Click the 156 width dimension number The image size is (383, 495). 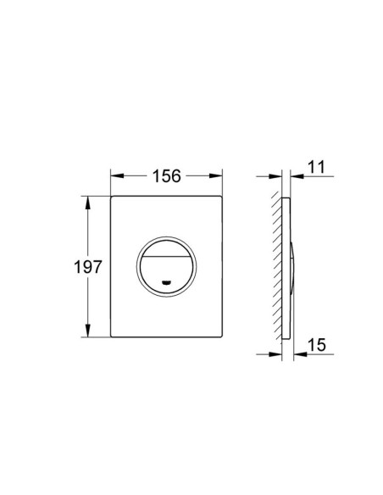pyautogui.click(x=167, y=176)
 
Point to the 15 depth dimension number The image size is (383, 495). pyautogui.click(x=317, y=346)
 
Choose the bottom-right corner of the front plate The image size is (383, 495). pyautogui.click(x=222, y=338)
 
